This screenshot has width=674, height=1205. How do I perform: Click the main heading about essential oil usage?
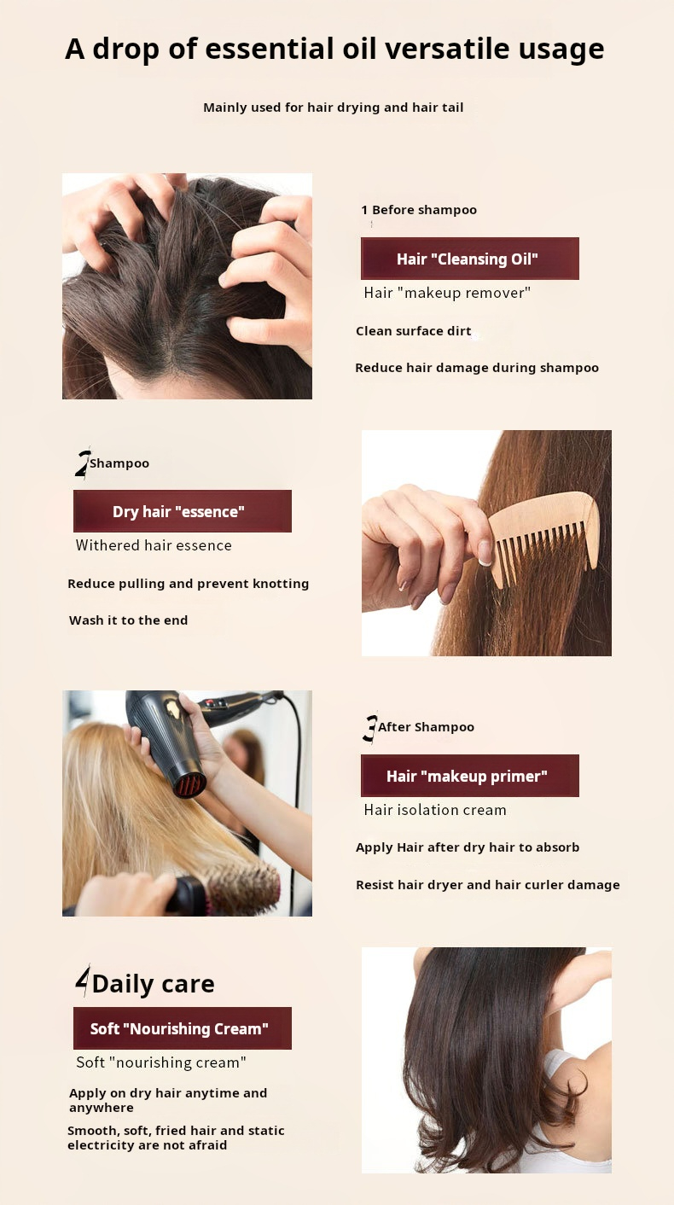[x=334, y=49]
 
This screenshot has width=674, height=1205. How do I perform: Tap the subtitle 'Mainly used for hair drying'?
[x=333, y=108]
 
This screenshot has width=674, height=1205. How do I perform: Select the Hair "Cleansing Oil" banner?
[x=469, y=259]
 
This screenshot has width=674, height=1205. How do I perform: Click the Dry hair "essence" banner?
[x=183, y=511]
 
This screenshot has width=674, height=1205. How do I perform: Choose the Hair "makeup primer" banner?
[x=469, y=776]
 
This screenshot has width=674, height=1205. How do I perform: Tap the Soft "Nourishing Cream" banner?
[x=183, y=1028]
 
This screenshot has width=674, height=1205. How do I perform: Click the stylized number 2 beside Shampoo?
[x=82, y=463]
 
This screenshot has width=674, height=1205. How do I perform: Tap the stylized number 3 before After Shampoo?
[x=370, y=728]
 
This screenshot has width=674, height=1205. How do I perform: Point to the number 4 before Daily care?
[x=83, y=981]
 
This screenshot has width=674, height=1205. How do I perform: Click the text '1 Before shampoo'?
[x=419, y=210]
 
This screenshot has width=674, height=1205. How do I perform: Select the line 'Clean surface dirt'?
[x=413, y=331]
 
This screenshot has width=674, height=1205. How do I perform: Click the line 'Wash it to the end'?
[x=129, y=620]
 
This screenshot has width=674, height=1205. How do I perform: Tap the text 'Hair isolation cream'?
[x=435, y=810]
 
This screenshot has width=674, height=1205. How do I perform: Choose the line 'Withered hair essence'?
[x=154, y=545]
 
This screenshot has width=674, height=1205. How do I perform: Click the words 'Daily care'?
[x=154, y=984]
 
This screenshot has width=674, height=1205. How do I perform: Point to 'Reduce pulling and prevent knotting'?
[x=189, y=584]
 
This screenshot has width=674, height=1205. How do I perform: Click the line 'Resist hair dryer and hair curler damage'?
[x=488, y=885]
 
